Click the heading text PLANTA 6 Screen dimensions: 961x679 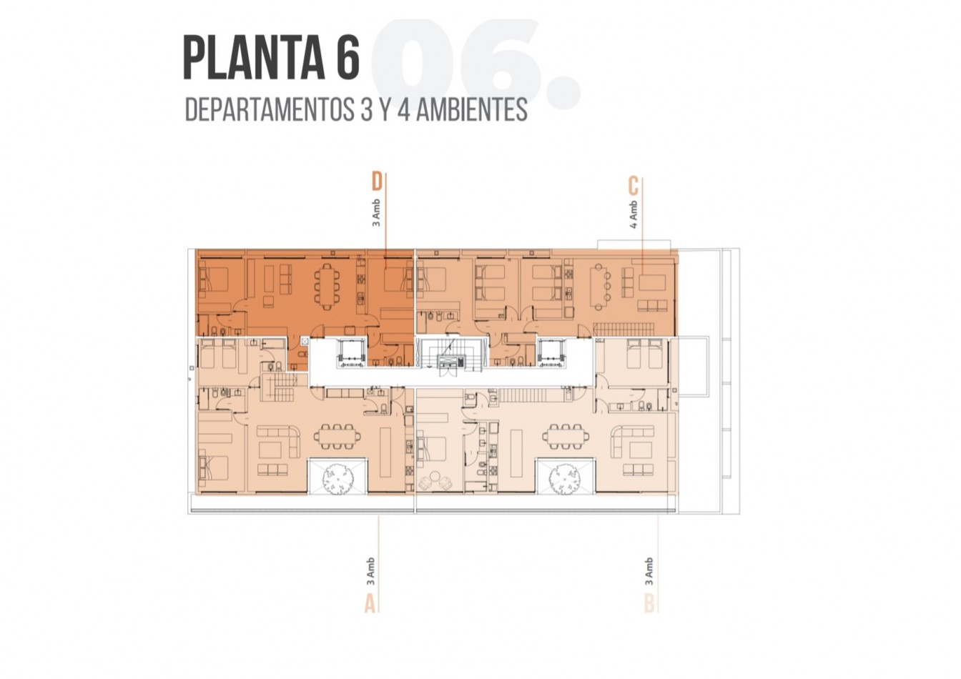click(x=271, y=57)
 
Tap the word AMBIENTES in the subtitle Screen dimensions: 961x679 click(x=471, y=110)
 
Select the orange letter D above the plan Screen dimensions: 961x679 click(x=376, y=182)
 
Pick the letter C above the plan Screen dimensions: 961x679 click(x=633, y=186)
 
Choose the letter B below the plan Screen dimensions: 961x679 click(x=649, y=603)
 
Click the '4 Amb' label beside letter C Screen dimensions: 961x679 click(x=634, y=214)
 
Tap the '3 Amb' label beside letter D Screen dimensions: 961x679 click(x=376, y=213)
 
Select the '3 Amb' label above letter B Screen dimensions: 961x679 click(x=649, y=571)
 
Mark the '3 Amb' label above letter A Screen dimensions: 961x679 click(x=370, y=571)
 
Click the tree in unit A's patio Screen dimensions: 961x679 click(x=338, y=479)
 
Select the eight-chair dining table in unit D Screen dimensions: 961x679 click(x=327, y=286)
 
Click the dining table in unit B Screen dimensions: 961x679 click(x=566, y=436)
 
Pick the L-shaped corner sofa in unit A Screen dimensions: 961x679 click(x=280, y=441)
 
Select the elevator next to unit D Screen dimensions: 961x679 click(x=351, y=352)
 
